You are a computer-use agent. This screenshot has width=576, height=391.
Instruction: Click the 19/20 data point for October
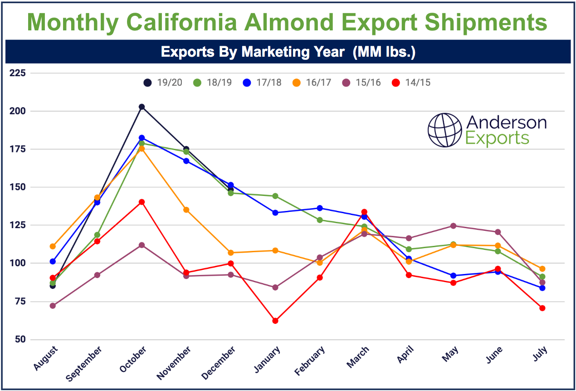pyautogui.click(x=142, y=107)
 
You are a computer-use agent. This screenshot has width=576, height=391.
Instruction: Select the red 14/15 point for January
pyautogui.click(x=275, y=321)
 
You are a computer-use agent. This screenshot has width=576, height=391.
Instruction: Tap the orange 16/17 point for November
pyautogui.click(x=186, y=210)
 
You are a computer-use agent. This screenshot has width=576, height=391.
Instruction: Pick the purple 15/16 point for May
pyautogui.click(x=453, y=226)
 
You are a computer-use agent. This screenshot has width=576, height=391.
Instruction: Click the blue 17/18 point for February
pyautogui.click(x=320, y=208)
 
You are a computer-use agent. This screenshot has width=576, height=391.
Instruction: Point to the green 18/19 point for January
pyautogui.click(x=275, y=196)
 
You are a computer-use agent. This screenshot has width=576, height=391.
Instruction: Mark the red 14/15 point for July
pyautogui.click(x=542, y=308)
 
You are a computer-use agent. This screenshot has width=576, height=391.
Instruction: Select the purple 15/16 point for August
pyautogui.click(x=53, y=306)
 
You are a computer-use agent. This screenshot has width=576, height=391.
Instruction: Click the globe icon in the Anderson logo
pyautogui.click(x=444, y=130)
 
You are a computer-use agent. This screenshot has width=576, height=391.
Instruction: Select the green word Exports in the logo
pyautogui.click(x=498, y=138)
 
